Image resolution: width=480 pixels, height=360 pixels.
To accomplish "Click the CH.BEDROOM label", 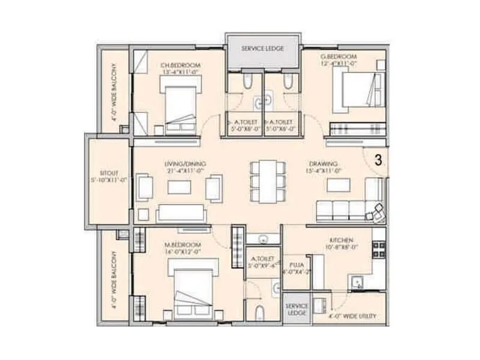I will click(x=181, y=65).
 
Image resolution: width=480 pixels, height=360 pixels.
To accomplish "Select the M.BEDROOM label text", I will click(x=179, y=245).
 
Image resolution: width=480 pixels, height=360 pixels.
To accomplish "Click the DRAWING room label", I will click(x=323, y=163).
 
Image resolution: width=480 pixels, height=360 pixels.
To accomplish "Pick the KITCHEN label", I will click(x=339, y=239).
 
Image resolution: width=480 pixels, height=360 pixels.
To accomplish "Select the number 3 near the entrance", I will click(x=379, y=160).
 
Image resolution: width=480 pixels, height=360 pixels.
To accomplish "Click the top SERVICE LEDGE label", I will click(x=262, y=48).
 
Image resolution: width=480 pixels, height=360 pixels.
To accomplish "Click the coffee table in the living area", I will click(x=179, y=188).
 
